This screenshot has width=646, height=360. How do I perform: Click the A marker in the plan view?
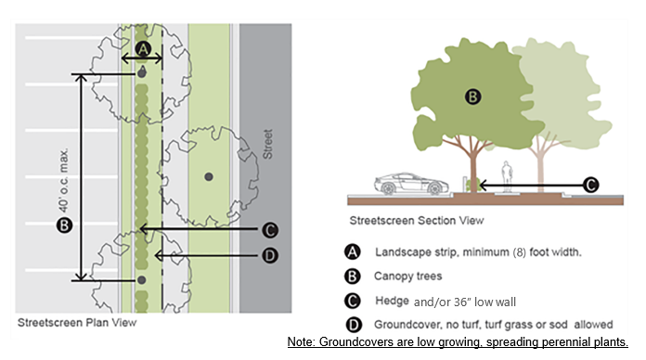pyautogui.click(x=143, y=49)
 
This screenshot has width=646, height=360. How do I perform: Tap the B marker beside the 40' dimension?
pyautogui.click(x=64, y=225)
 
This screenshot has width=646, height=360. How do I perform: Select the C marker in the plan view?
pyautogui.click(x=270, y=230)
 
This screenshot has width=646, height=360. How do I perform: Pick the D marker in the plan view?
pyautogui.click(x=270, y=256)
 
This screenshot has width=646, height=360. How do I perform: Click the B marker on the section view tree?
pyautogui.click(x=473, y=97)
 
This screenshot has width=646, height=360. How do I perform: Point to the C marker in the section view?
pyautogui.click(x=591, y=185)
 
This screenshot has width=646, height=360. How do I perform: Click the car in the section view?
pyautogui.click(x=411, y=184)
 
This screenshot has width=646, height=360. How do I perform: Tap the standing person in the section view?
pyautogui.click(x=507, y=176)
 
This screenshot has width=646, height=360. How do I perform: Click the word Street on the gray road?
pyautogui.click(x=268, y=144)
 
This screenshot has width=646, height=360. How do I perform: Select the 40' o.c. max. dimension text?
pyautogui.click(x=63, y=180)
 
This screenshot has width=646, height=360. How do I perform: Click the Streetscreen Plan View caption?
pyautogui.click(x=77, y=323)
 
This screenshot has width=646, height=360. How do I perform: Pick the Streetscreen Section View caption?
pyautogui.click(x=417, y=221)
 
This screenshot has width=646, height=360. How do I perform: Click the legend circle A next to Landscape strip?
pyautogui.click(x=353, y=251)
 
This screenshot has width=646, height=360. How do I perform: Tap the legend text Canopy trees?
pyautogui.click(x=407, y=276)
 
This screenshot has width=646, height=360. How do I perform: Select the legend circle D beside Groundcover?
pyautogui.click(x=354, y=325)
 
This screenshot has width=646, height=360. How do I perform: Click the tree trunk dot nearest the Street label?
pyautogui.click(x=209, y=176)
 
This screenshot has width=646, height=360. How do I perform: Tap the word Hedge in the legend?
pyautogui.click(x=392, y=302)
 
